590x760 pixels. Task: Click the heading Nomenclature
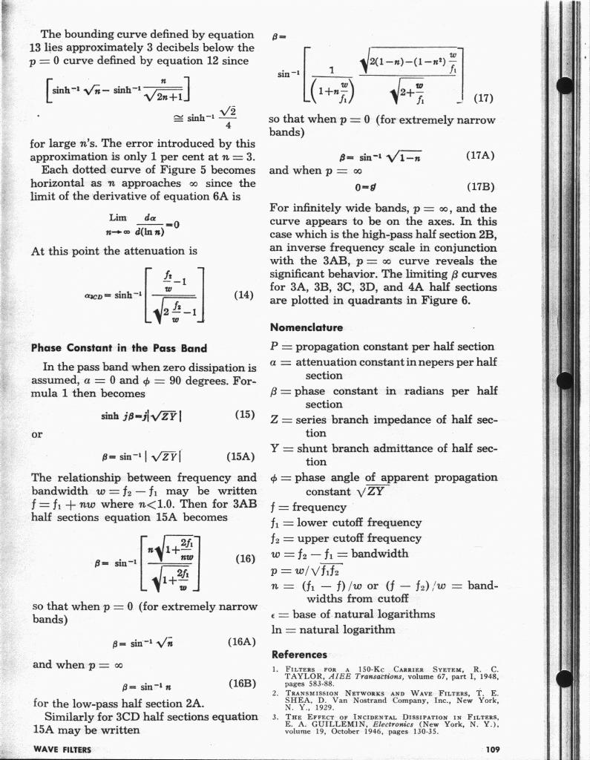[306, 327]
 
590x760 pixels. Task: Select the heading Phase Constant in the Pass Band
[119, 347]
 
